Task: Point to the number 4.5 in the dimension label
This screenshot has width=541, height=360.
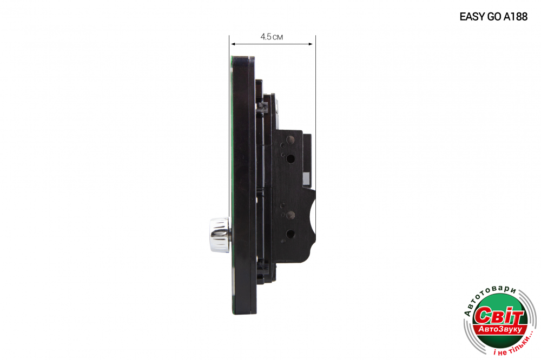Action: [x=266, y=37]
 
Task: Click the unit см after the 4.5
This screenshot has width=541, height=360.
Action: [x=278, y=37]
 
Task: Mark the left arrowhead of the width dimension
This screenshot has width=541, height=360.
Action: [x=233, y=44]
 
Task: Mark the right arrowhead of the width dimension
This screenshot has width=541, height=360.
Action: [x=311, y=44]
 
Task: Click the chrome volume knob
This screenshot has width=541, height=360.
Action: [x=219, y=235]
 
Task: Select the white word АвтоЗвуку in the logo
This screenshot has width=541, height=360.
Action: [x=500, y=329]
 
